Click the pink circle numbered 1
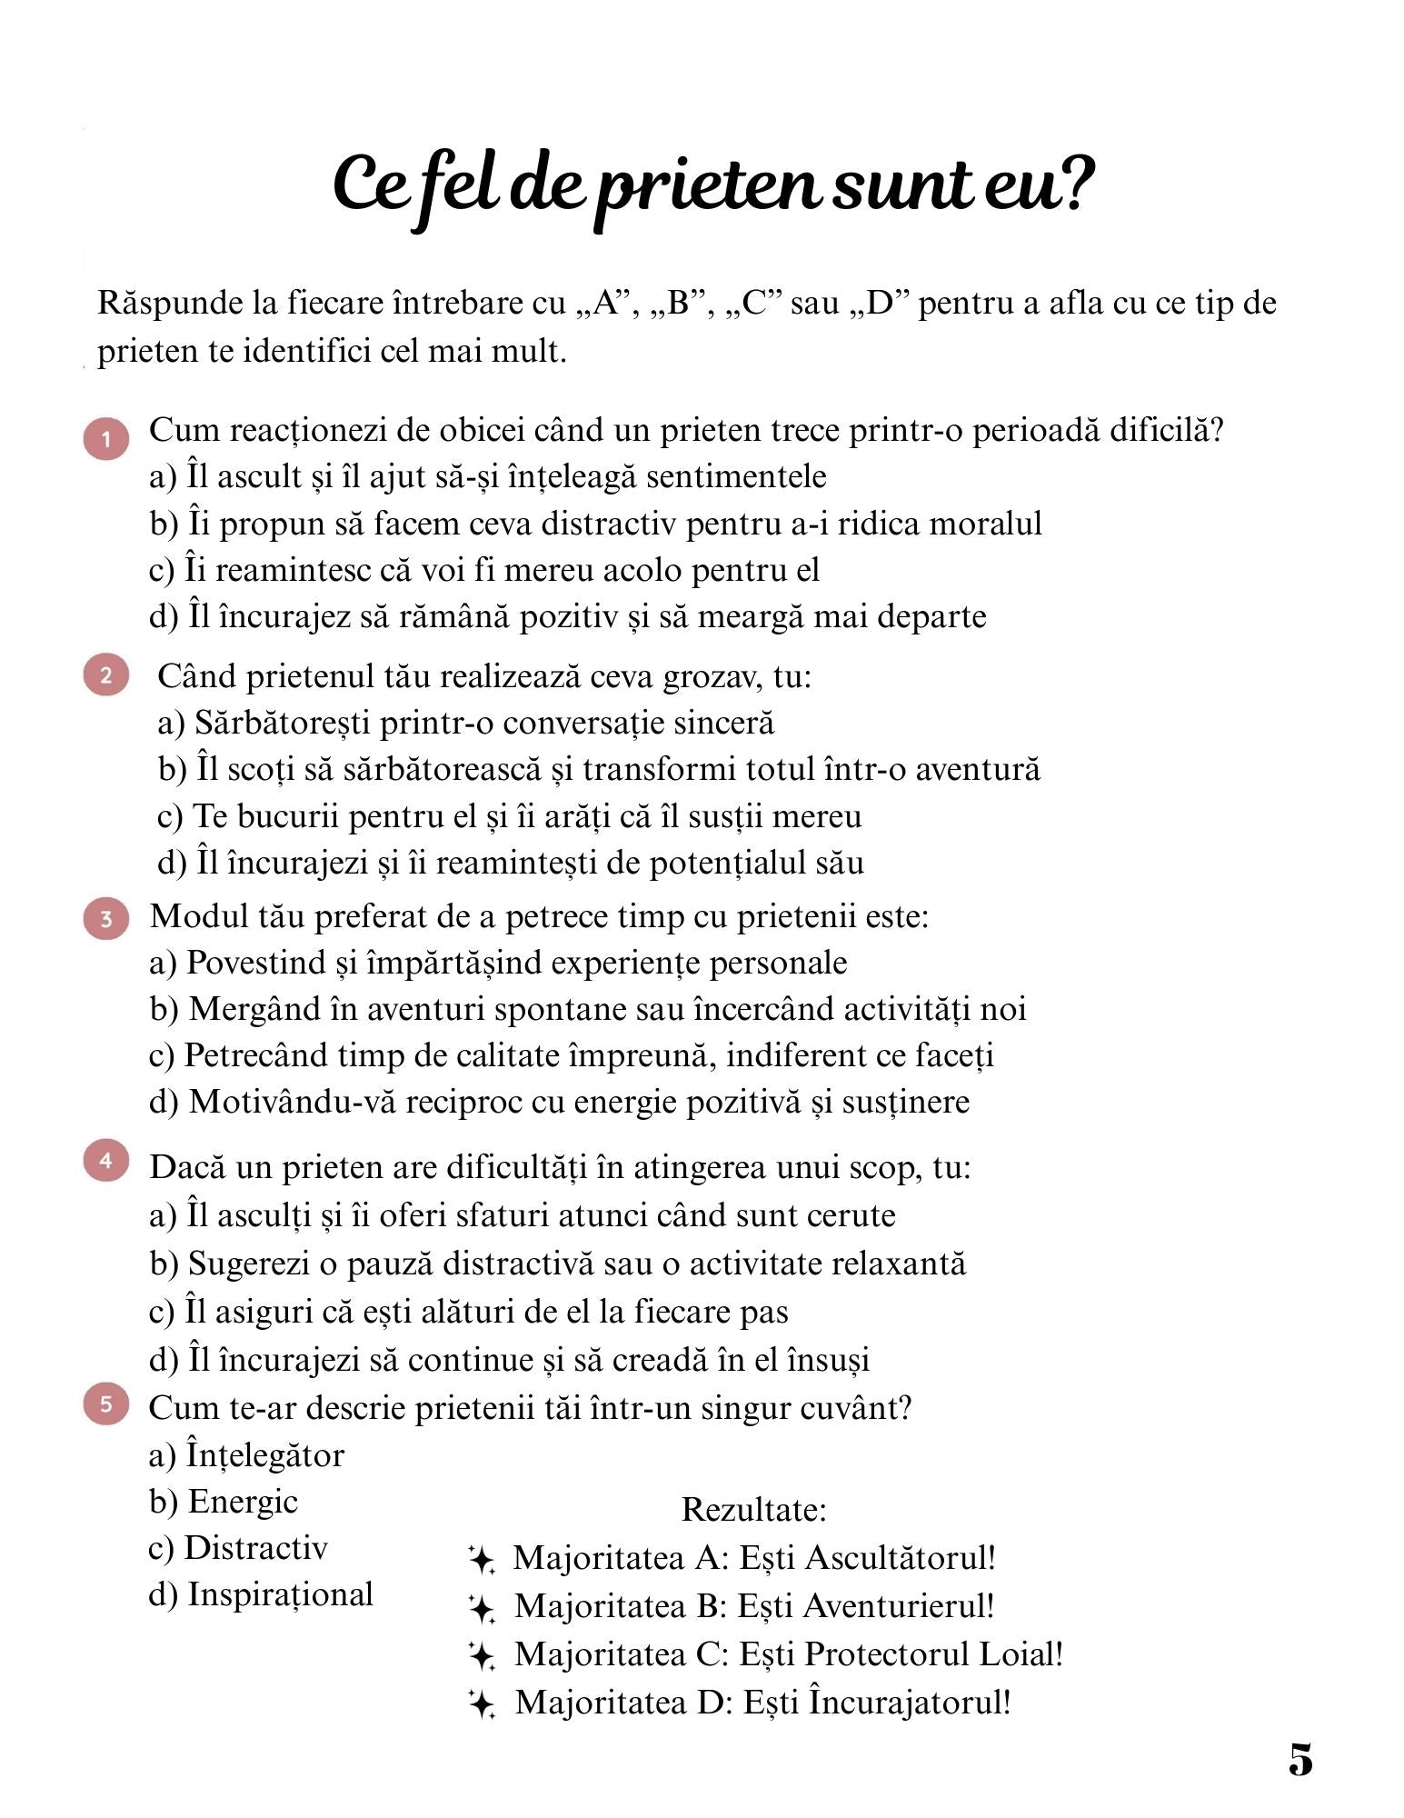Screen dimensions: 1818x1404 point(106,439)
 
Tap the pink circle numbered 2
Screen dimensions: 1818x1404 point(106,675)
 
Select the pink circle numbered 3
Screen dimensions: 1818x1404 point(106,919)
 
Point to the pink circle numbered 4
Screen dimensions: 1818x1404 point(106,1161)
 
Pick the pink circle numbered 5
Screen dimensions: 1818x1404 point(106,1404)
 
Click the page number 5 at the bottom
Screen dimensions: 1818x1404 point(1300,1760)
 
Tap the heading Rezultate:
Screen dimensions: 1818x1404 point(753,1510)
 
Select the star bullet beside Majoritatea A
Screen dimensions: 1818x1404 point(482,1561)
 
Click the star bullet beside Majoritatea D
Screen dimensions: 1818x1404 point(482,1704)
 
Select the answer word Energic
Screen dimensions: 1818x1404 point(243,1502)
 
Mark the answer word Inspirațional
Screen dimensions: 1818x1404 point(280,1594)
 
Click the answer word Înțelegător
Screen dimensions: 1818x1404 point(265,1455)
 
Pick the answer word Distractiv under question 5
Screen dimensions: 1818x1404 point(255,1548)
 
